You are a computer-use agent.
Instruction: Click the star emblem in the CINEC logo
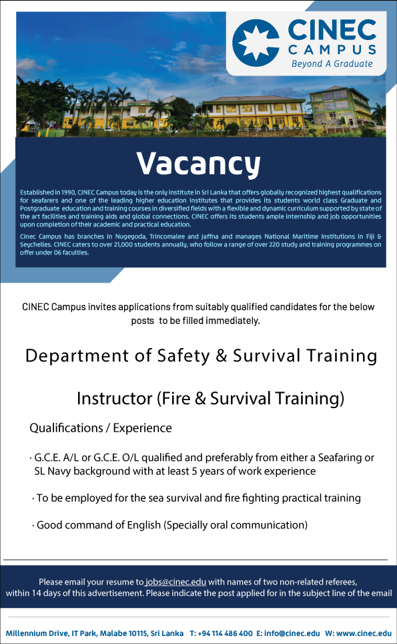(256, 43)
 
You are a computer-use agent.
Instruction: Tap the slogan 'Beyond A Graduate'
(332, 63)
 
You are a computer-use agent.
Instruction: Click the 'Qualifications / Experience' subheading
(101, 428)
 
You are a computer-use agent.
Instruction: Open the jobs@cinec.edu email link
(176, 582)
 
